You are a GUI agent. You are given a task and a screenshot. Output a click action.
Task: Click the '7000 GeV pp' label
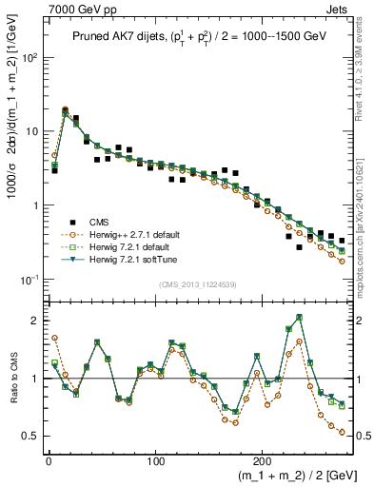pos(68,9)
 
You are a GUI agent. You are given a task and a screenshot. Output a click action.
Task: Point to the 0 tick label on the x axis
pos(49,456)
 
